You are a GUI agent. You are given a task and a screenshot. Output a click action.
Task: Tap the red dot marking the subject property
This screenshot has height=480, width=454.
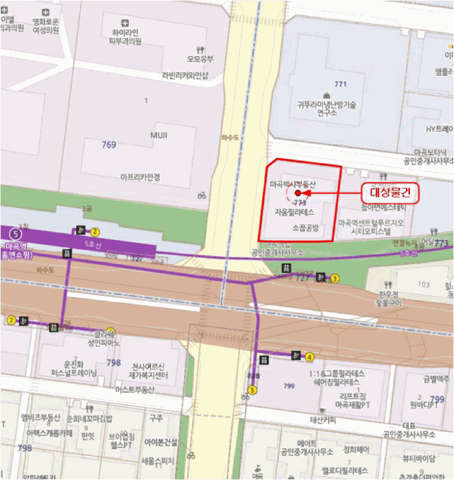tap(298, 194)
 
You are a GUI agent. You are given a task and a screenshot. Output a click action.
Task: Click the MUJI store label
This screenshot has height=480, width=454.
tap(158, 136)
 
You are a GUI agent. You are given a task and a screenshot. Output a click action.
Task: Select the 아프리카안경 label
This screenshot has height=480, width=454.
tap(140, 177)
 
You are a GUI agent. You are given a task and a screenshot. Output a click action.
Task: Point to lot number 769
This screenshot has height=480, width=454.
tap(108, 145)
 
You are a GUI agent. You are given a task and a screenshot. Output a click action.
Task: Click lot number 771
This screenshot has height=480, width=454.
tap(340, 84)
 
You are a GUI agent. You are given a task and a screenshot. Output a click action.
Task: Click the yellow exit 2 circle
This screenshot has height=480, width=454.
tap(95, 232)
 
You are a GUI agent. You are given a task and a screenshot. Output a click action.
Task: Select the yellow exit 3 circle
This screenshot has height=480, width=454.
tap(335, 278)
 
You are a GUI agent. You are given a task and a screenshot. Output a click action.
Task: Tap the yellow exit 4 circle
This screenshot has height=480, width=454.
tap(310, 357)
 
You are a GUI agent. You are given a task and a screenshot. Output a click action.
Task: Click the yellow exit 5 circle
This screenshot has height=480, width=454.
tap(252, 390)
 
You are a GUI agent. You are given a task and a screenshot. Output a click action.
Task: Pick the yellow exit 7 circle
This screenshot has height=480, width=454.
tap(11, 320)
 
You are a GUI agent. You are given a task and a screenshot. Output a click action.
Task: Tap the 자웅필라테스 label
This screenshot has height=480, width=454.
tap(294, 212)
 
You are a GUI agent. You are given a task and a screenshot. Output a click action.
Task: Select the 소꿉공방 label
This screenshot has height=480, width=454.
tap(305, 227)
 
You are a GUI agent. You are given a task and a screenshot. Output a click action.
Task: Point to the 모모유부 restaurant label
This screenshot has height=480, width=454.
tap(200, 58)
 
